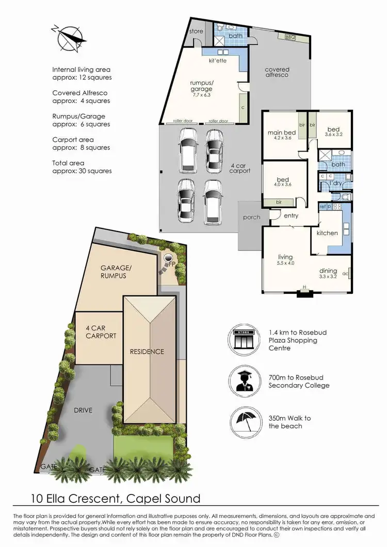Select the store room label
point(196,31)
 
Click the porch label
point(251,217)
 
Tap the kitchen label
point(327,233)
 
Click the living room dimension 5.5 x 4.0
point(285,263)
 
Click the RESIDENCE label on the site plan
point(147,352)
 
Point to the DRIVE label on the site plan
point(83,410)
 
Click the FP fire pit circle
point(169,258)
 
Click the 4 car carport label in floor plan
point(240,167)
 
